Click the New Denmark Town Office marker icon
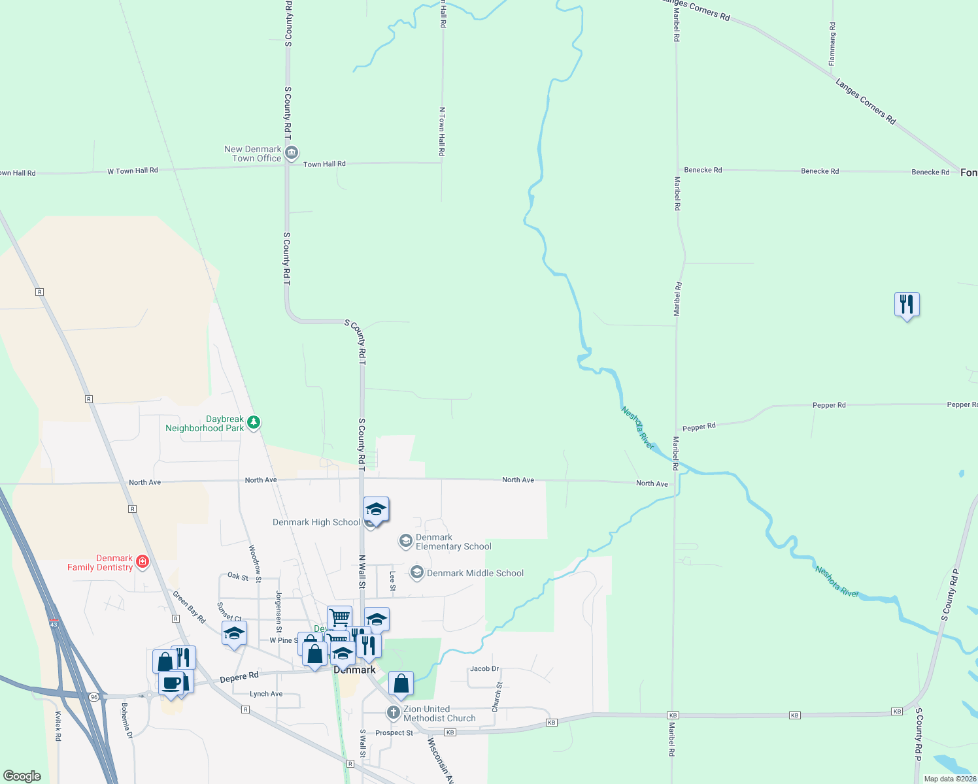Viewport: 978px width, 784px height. click(292, 153)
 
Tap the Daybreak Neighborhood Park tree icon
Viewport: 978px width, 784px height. click(254, 423)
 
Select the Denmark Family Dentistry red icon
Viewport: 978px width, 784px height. click(142, 561)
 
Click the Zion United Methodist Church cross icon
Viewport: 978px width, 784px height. click(393, 712)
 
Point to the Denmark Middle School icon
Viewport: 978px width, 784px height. click(416, 572)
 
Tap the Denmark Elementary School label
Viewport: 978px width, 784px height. click(453, 542)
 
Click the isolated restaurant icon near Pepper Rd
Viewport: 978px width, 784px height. click(906, 304)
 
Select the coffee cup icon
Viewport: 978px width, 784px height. click(171, 683)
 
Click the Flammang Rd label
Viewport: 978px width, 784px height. click(832, 44)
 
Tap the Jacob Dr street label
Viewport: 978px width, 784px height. click(484, 668)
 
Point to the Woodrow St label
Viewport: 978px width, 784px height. click(255, 563)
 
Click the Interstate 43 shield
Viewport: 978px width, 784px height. click(54, 624)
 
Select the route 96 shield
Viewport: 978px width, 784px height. click(94, 697)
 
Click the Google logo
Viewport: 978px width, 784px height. click(22, 776)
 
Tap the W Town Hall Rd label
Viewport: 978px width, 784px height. click(133, 171)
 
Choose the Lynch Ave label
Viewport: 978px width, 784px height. click(266, 694)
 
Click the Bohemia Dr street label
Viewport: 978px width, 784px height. click(126, 721)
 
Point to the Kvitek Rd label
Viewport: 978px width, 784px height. click(58, 726)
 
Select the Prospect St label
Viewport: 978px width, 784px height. click(394, 733)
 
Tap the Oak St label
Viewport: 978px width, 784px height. click(238, 576)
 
